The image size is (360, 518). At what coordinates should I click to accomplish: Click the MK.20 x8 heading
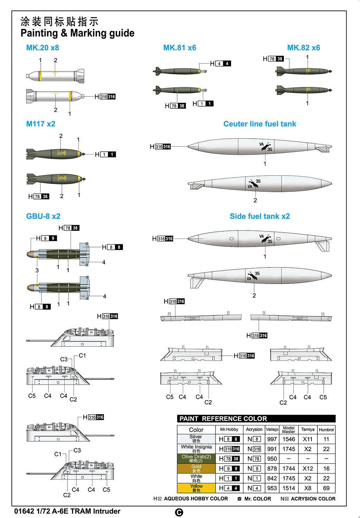tap(43, 48)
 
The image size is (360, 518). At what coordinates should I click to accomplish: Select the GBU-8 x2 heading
tap(43, 216)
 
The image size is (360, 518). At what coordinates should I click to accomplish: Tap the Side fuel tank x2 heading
tap(260, 216)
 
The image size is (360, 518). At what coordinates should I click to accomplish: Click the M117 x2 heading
tap(41, 124)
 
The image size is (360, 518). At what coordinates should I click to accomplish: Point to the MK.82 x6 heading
tap(303, 48)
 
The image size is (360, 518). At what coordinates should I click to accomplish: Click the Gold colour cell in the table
tap(196, 468)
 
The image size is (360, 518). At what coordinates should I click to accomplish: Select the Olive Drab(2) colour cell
tap(196, 459)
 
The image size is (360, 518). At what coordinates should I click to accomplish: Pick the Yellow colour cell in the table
tap(196, 488)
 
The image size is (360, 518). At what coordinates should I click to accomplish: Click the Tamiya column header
tap(308, 429)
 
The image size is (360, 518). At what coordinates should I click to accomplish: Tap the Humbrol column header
tap(326, 430)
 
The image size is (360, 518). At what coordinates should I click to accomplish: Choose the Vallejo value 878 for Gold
tap(272, 468)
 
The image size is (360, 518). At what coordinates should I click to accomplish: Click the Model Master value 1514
tap(289, 488)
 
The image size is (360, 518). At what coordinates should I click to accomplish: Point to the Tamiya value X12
tap(308, 468)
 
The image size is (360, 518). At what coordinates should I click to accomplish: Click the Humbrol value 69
tap(326, 488)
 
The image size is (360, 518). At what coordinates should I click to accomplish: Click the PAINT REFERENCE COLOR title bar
tap(256, 419)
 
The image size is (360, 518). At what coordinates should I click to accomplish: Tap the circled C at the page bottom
tap(179, 512)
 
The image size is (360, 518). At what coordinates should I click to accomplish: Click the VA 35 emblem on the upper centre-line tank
tap(266, 147)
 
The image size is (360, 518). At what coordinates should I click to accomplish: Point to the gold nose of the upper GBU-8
tap(31, 254)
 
